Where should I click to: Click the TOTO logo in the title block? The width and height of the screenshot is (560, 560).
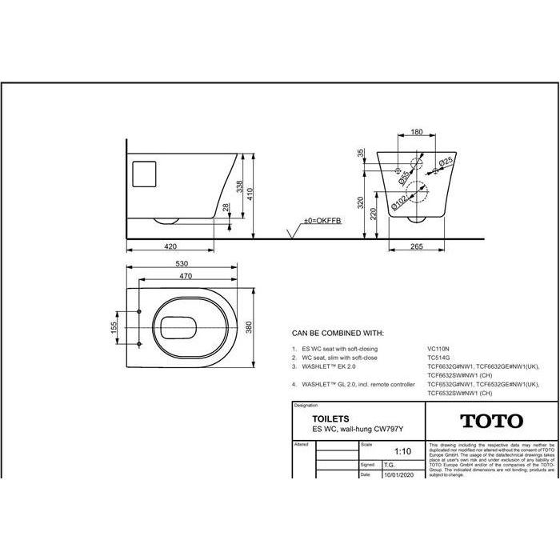[x=491, y=421]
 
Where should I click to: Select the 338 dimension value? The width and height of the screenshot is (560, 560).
[x=239, y=186]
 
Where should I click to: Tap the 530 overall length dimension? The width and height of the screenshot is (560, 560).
[x=183, y=262]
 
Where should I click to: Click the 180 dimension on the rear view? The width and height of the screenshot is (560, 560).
[x=416, y=133]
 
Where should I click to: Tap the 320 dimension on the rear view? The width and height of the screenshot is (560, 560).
[x=362, y=204]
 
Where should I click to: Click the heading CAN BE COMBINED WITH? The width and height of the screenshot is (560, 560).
[x=338, y=332]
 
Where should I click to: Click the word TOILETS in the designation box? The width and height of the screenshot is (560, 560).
[x=323, y=418]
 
